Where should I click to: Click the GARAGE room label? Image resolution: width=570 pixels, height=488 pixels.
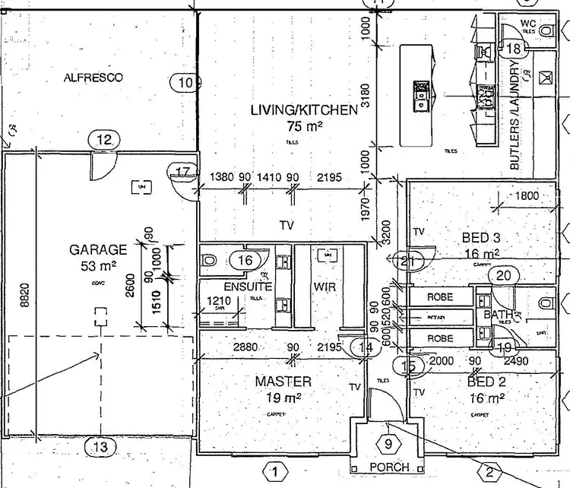click(x=98, y=249)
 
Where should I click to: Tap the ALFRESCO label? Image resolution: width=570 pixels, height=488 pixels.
click(x=93, y=78)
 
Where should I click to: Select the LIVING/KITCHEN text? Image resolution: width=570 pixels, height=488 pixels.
click(x=303, y=111)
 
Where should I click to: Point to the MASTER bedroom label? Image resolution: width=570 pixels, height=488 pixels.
click(x=283, y=382)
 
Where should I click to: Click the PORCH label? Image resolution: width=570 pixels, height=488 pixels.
click(x=390, y=467)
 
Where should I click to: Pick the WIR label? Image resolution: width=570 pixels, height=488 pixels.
click(x=325, y=287)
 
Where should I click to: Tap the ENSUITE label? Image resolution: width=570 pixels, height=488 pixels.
click(x=248, y=287)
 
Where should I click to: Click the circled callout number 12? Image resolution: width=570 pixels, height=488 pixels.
click(x=104, y=139)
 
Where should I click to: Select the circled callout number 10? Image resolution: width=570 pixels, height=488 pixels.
click(x=185, y=82)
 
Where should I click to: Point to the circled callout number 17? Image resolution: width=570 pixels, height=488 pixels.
click(x=182, y=172)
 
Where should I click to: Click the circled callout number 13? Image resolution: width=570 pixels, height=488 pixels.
click(x=100, y=447)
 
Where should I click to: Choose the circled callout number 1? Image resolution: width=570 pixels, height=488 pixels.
click(x=275, y=472)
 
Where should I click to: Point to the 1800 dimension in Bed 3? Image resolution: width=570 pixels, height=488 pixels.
click(x=526, y=196)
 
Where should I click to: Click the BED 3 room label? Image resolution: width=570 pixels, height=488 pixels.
click(x=480, y=238)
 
